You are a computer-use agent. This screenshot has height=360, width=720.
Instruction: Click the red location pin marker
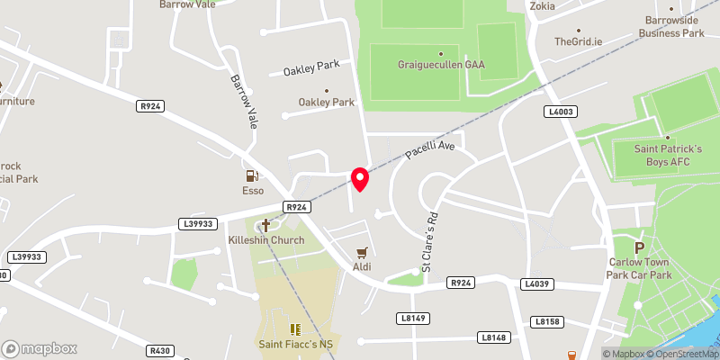pos(360,178)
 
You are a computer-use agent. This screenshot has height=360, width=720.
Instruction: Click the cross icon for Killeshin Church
pos(266,225)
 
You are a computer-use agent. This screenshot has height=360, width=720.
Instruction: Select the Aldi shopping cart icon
pos(363,253)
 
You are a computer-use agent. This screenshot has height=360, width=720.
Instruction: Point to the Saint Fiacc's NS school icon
pos(294,328)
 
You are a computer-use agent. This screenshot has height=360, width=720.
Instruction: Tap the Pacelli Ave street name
pos(430,149)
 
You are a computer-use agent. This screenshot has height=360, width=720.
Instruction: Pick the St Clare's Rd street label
pos(431,241)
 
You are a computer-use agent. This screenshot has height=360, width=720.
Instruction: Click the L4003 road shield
pos(560,111)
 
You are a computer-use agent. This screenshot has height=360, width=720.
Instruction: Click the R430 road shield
pos(161,351)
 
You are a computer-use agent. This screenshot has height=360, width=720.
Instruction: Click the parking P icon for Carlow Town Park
pos(640,247)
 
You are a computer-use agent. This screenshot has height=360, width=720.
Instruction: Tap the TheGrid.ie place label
pos(577,41)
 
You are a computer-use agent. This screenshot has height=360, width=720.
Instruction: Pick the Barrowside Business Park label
pos(671,27)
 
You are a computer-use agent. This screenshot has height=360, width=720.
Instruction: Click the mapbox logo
pos(40,348)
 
